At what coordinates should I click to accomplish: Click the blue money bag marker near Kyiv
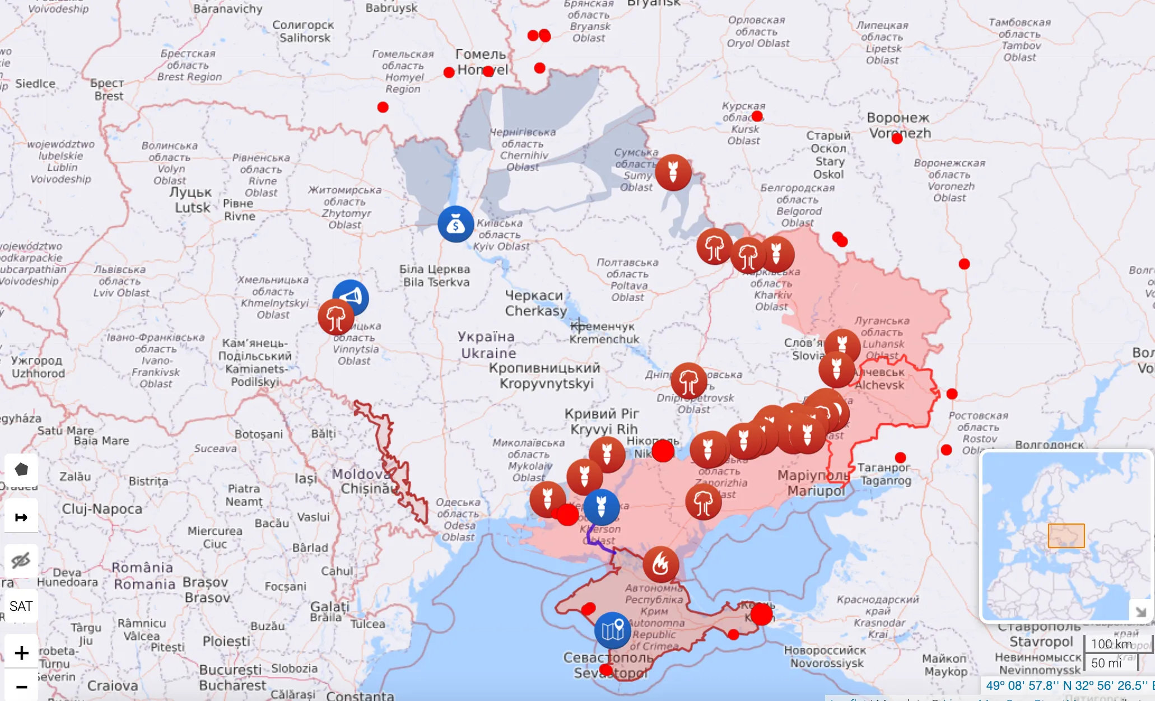click(x=455, y=224)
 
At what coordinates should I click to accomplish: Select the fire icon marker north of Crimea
click(x=660, y=564)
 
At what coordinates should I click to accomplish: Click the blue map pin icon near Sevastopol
click(x=612, y=630)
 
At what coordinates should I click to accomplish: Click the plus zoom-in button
click(x=21, y=653)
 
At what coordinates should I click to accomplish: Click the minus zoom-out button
click(x=21, y=686)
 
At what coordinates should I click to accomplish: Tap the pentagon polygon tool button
click(x=21, y=469)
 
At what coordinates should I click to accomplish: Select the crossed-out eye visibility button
click(x=21, y=560)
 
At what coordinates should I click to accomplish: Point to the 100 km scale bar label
click(x=1111, y=644)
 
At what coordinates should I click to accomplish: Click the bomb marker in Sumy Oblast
click(x=673, y=172)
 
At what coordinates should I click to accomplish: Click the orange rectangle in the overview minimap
click(x=1066, y=536)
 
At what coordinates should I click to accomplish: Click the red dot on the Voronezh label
click(x=897, y=138)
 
